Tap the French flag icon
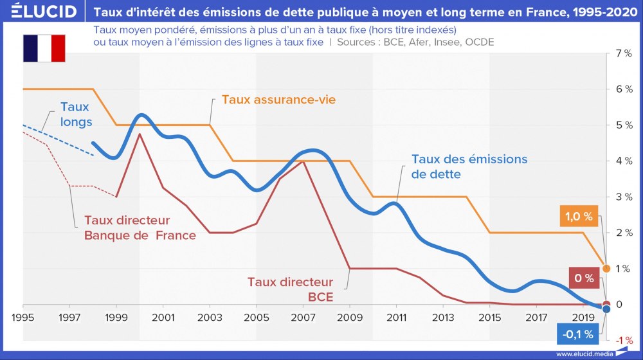pos(44,48)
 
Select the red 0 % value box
pos(583,278)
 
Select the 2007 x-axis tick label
pos(303,317)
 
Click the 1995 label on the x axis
pos(23,317)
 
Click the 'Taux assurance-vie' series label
pos(278,100)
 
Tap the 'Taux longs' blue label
pos(76,114)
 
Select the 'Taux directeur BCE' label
pos(291,289)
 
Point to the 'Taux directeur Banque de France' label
pos(140,227)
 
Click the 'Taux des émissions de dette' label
pos(469,166)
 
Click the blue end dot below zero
pos(606,309)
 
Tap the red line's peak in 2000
pos(140,134)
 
